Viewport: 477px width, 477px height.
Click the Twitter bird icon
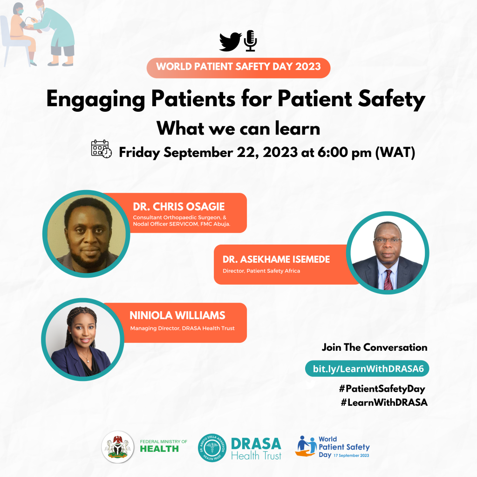(230, 41)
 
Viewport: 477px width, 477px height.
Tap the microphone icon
(250, 41)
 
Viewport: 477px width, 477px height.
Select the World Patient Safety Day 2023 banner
(238, 68)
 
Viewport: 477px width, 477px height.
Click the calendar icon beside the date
(101, 149)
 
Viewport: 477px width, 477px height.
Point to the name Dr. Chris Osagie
(179, 206)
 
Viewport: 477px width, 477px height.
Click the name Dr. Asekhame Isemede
(276, 259)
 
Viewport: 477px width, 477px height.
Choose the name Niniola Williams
(177, 315)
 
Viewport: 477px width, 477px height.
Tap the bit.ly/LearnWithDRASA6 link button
(367, 369)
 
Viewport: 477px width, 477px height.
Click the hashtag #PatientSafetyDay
(382, 388)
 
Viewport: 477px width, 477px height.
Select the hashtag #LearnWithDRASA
(384, 402)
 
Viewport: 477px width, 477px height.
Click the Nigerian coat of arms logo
(118, 447)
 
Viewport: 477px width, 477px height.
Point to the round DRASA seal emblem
(212, 448)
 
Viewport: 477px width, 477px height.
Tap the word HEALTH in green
(159, 449)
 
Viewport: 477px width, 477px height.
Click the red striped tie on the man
(388, 279)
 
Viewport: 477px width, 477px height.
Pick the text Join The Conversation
(375, 348)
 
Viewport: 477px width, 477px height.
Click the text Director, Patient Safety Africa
(261, 271)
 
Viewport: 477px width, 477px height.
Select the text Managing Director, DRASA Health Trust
(183, 328)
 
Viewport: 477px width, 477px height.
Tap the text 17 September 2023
(351, 456)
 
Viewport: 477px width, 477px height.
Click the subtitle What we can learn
(238, 129)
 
